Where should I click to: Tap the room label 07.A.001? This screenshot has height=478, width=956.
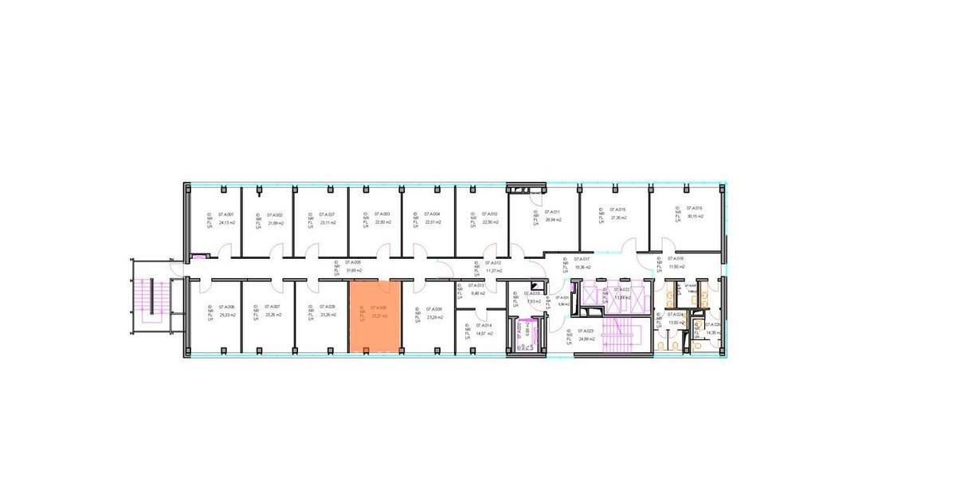226,215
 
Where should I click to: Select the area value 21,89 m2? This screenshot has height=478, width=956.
276,223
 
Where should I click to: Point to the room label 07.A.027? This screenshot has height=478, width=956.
327,215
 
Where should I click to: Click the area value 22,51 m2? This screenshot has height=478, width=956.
433,223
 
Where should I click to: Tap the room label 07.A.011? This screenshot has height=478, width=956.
554,212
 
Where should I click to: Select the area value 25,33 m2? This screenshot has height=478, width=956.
227,315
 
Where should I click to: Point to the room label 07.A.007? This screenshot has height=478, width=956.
272,307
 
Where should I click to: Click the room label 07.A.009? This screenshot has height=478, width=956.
434,309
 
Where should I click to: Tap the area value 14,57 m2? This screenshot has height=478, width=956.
484,333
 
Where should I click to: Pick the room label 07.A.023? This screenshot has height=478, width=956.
586,331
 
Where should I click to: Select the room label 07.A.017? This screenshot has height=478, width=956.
581,259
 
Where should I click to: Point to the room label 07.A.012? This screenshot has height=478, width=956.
493,262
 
